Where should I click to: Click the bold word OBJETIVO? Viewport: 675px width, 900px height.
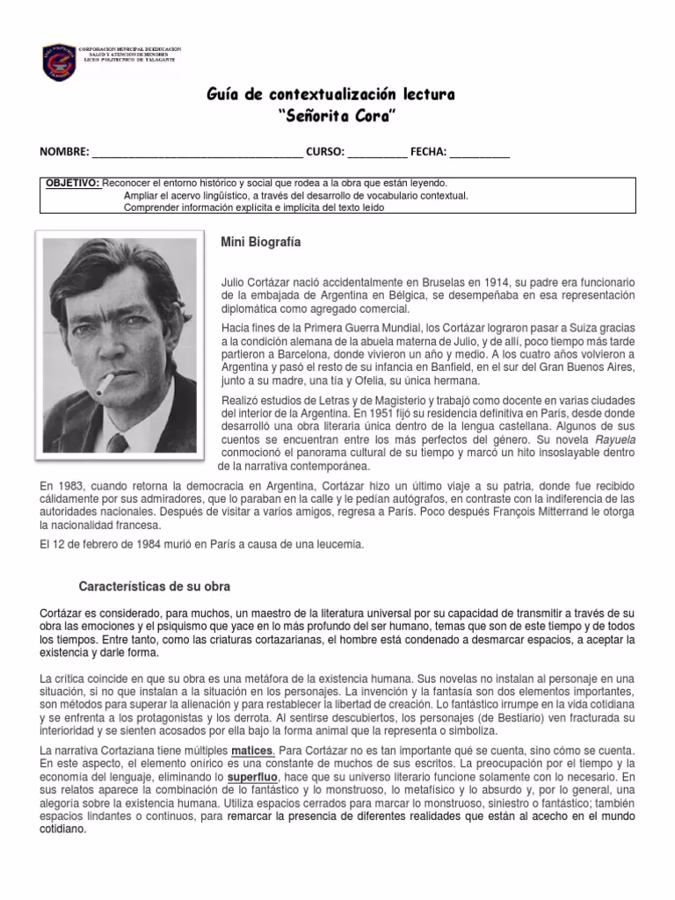coord(72,182)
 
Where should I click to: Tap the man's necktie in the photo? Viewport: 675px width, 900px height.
coord(117,441)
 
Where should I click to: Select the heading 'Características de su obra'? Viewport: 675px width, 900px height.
coord(155,584)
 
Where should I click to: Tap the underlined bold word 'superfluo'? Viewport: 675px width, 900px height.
coord(253,778)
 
